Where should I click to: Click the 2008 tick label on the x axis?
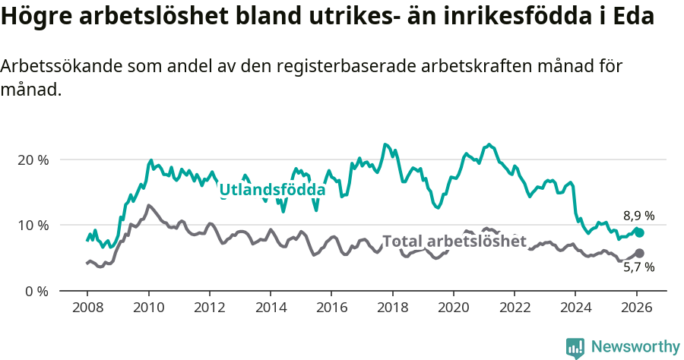(87, 309)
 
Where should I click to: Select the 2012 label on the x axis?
(209, 309)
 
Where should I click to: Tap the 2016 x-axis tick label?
(331, 309)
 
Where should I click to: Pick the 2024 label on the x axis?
(575, 309)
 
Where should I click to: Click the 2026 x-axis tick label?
(636, 309)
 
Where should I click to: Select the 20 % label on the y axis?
(33, 160)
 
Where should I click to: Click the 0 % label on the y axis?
(36, 291)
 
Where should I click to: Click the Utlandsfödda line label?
(272, 189)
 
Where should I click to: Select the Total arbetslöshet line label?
(454, 242)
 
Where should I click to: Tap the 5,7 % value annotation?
(638, 267)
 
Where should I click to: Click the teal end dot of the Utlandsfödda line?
(639, 233)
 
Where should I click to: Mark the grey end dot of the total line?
(639, 253)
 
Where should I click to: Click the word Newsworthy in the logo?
(635, 346)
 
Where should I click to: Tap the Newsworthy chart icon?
(575, 347)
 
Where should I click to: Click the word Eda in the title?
(635, 17)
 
